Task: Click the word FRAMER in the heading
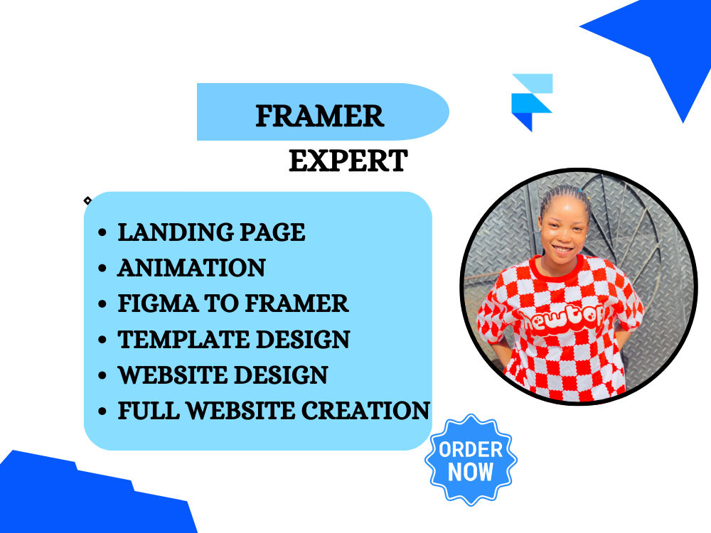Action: (320, 116)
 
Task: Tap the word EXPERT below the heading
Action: (348, 161)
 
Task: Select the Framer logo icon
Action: (532, 102)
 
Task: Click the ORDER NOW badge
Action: (471, 460)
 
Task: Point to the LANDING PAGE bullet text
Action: (211, 232)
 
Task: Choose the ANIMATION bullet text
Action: (191, 268)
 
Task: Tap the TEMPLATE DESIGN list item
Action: (234, 339)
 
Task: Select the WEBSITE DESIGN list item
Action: (223, 375)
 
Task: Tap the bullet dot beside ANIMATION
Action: (104, 269)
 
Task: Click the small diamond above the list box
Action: (87, 200)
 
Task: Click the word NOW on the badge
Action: (471, 472)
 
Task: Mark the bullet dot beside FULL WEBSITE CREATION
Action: (104, 411)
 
